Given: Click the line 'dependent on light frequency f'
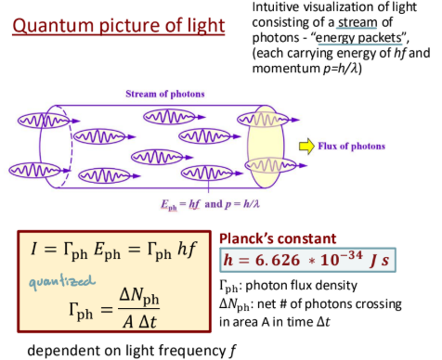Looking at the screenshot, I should (x=129, y=351).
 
